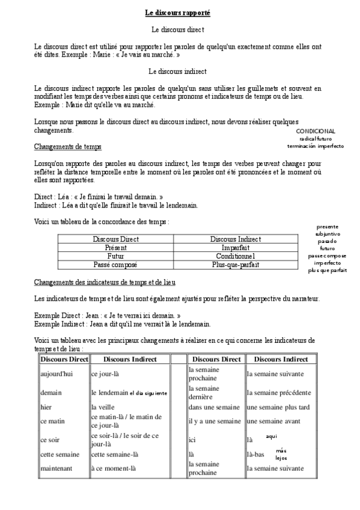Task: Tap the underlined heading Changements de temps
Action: coord(68,146)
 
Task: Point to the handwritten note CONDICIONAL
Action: coord(316,131)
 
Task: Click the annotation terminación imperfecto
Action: coord(316,146)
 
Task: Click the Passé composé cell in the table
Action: coord(116,264)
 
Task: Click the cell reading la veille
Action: coord(103,407)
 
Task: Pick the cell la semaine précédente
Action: coord(278,393)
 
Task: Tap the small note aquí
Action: coord(271,436)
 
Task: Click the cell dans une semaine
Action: coord(213,407)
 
